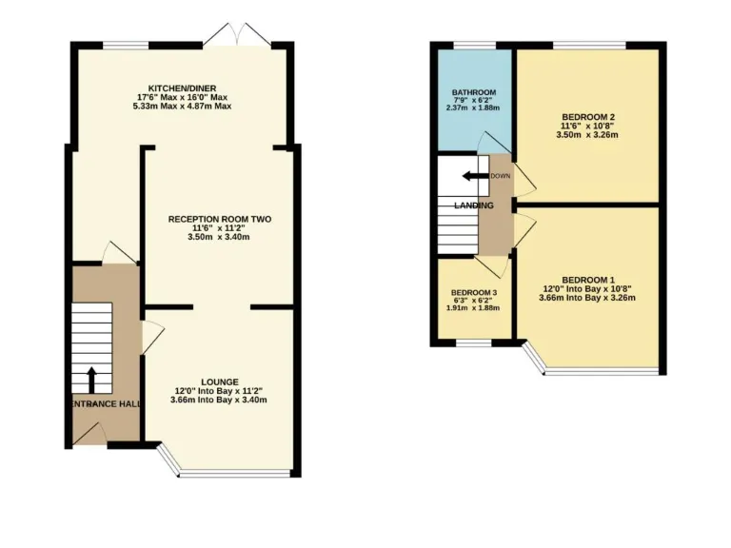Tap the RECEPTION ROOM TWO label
tap(220, 219)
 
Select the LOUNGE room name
tap(219, 382)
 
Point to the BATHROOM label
tap(473, 92)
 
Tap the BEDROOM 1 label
tap(586, 279)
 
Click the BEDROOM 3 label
tap(473, 292)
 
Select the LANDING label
tap(473, 205)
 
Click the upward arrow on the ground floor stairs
tap(92, 380)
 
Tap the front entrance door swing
tap(88, 435)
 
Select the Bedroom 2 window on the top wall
tap(583, 45)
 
